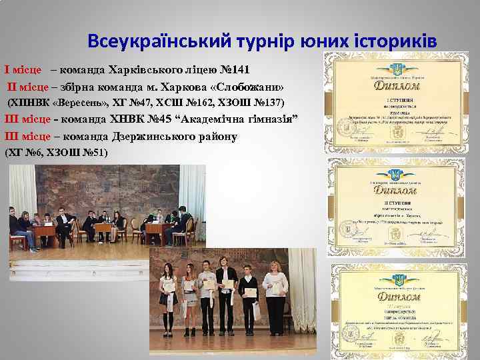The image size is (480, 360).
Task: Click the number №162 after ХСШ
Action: coord(207,103)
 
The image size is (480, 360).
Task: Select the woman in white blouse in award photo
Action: coord(274,290)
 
